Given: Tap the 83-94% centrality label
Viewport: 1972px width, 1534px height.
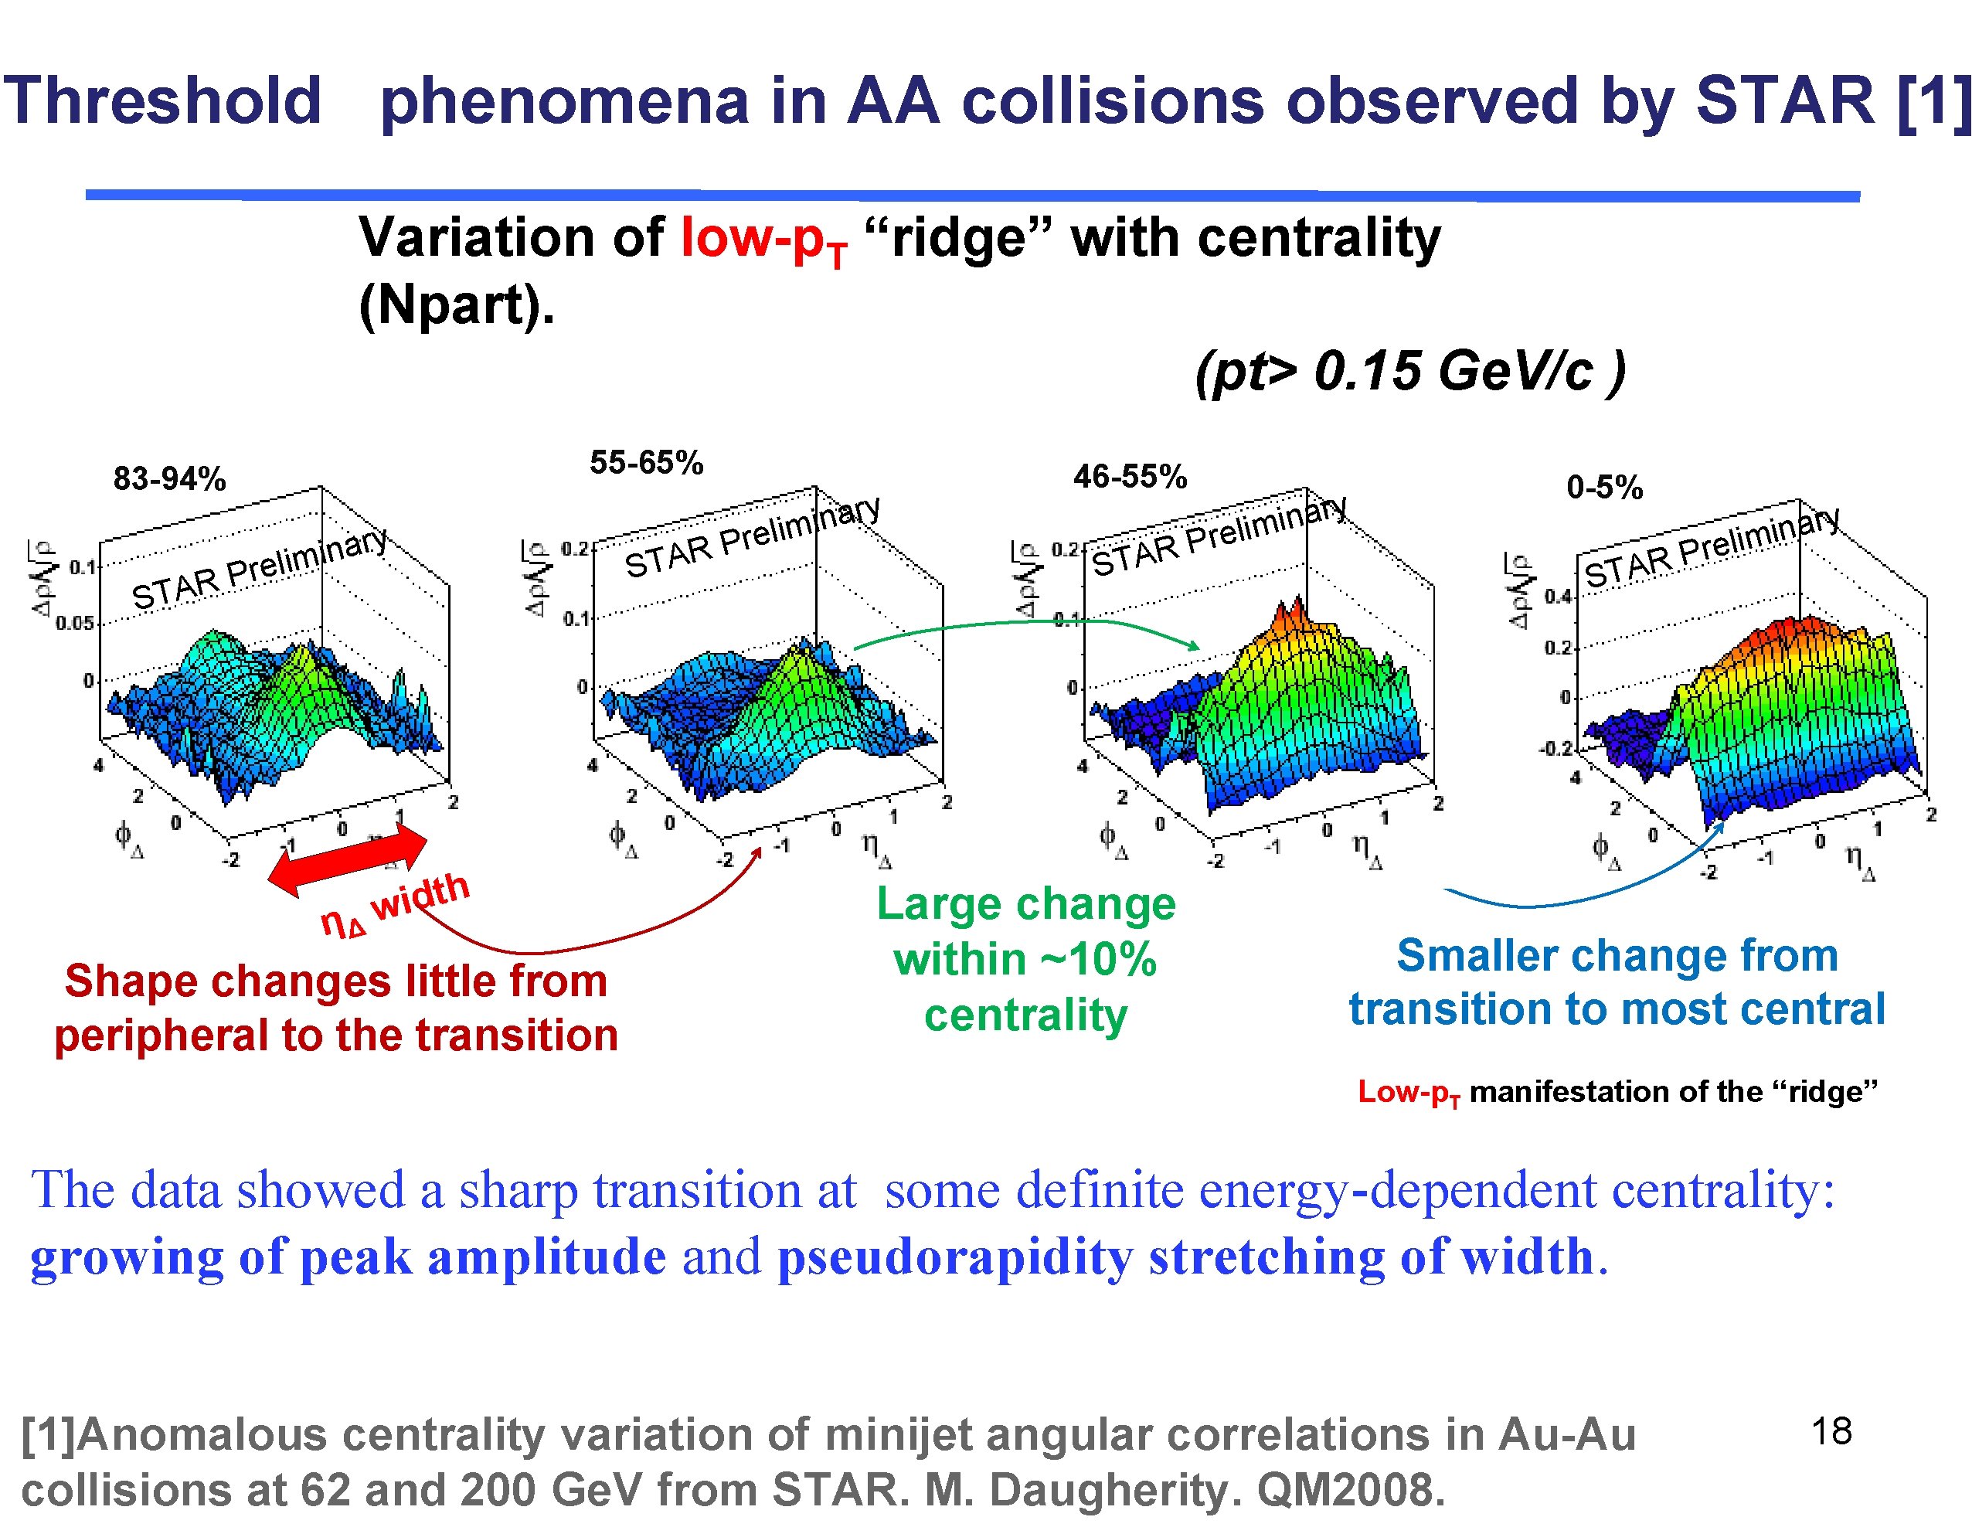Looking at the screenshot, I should point(169,478).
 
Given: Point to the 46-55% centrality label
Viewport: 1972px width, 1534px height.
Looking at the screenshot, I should point(1130,476).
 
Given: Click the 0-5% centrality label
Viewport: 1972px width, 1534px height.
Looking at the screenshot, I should point(1603,488).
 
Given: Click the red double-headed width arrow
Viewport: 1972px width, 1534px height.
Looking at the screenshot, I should point(348,859).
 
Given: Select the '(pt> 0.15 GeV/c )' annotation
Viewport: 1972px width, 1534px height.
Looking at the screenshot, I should point(1409,370).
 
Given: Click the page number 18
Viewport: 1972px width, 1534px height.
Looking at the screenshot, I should point(1831,1431).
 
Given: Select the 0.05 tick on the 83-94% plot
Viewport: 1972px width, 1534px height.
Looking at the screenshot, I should point(74,624).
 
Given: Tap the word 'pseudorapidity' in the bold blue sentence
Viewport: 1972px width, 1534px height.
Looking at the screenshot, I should point(955,1257).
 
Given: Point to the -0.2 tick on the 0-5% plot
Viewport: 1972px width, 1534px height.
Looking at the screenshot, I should point(1555,750).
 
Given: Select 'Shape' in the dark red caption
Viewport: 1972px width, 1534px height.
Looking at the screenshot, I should point(129,981).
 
